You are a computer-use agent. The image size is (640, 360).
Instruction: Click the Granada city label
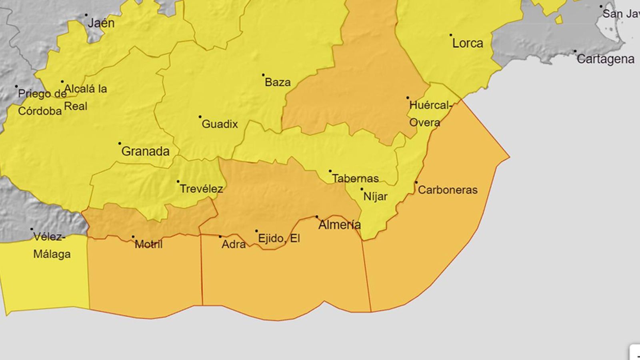coord(145,151)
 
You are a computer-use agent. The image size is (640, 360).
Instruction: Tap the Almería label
coord(339,225)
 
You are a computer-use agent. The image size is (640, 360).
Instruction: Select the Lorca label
coord(468,43)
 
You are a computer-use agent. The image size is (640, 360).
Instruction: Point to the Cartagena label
coord(605,59)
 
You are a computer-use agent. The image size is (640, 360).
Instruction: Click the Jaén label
coord(101,23)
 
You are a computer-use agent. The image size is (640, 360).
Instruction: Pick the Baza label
coord(278,82)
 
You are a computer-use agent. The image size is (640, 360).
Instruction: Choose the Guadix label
coord(220,124)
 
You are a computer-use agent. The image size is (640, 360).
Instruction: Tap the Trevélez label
coord(201,189)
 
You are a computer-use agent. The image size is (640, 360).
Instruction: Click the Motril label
coord(148,244)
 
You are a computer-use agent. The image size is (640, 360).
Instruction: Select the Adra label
coord(234,244)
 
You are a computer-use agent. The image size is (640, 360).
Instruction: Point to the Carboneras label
coord(448,190)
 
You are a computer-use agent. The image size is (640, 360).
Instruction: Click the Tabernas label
coord(355,178)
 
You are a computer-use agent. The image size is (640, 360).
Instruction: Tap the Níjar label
coord(375,196)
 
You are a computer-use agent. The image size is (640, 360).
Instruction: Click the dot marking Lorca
coord(451,35)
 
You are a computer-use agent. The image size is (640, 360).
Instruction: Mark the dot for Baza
coord(263,75)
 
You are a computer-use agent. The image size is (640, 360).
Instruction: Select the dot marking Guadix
coord(200,117)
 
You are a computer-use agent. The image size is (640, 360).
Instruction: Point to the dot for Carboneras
coord(416,182)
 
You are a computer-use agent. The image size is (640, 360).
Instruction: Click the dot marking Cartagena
coord(575,51)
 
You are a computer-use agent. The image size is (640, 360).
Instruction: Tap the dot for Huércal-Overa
coord(408,98)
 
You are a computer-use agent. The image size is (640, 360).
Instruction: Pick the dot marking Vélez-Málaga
coord(32,229)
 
